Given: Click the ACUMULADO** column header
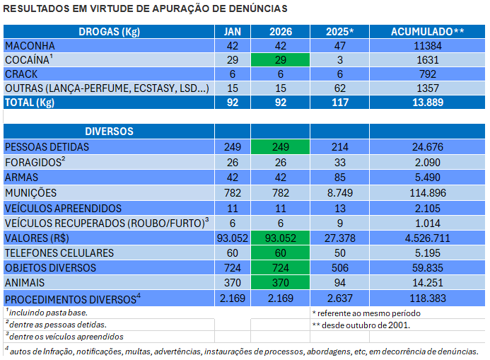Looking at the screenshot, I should coord(428,32).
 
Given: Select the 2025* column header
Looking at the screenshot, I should coord(339,32).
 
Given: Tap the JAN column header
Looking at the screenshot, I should coord(233,32).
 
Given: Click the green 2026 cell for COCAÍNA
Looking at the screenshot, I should coord(281,60).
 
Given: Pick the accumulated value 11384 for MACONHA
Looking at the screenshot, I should coord(428,46).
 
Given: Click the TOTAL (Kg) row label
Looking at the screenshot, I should coord(30,102).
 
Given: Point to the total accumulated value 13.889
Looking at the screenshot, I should coord(428,102).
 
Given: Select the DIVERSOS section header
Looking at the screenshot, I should coord(109,132).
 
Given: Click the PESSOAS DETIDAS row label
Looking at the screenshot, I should coord(47,147).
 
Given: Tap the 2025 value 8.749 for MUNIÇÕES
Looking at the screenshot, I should coord(339,193).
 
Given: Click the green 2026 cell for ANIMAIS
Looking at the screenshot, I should coord(281,283).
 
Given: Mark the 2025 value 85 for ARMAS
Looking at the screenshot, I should coord(339,178).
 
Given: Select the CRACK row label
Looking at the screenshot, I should coord(21,74).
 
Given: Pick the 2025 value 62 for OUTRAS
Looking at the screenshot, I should coord(339,88).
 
